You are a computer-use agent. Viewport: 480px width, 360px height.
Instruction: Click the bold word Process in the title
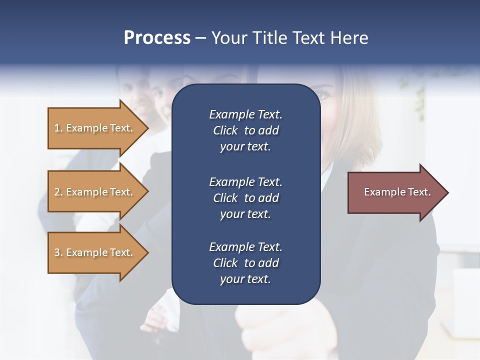coord(157,38)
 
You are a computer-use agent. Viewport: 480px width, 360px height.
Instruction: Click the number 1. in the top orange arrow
coord(58,128)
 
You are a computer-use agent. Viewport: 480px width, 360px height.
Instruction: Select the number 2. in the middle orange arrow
coord(58,192)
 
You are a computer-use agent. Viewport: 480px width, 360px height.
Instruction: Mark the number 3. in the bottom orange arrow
coord(58,252)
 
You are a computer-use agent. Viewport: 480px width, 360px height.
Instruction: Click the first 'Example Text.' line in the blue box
coord(245,114)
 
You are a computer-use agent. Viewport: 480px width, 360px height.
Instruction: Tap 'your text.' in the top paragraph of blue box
coord(245,146)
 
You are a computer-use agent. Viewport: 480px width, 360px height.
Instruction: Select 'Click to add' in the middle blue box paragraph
coord(245,198)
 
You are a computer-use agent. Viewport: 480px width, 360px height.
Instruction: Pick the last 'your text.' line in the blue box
coord(245,279)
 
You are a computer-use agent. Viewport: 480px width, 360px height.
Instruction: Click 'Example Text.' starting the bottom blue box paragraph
coord(245,247)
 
